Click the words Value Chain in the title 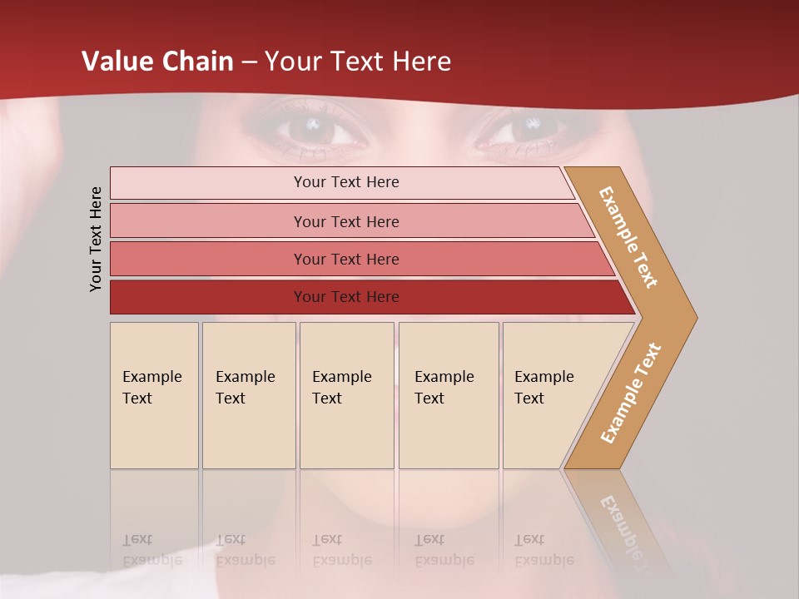coord(157,62)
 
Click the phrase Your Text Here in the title coord(358,62)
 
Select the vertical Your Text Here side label coord(96,239)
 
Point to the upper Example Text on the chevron coord(628,237)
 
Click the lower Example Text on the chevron coord(631,394)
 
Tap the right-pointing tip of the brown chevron coord(691,317)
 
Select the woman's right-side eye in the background coord(523,129)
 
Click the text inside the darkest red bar coord(346,297)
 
